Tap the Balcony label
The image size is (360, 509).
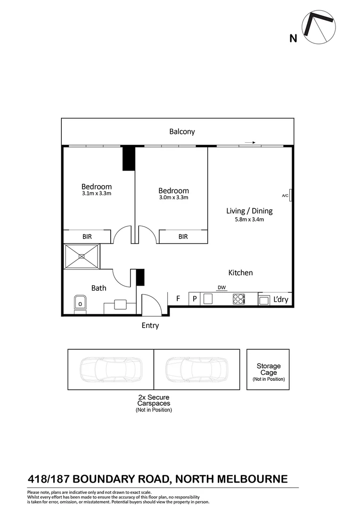182,132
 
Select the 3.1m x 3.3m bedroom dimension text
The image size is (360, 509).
96,193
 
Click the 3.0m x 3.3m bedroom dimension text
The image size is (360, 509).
173,197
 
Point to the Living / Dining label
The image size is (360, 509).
249,211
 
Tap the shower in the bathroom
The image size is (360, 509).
82,256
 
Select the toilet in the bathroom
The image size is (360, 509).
79,304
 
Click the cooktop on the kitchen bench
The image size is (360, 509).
239,299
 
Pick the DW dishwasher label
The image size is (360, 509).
221,287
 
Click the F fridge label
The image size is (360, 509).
178,298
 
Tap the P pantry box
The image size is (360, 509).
194,299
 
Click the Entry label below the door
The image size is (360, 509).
150,325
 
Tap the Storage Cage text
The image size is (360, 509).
268,369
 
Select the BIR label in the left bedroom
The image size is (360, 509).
87,237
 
